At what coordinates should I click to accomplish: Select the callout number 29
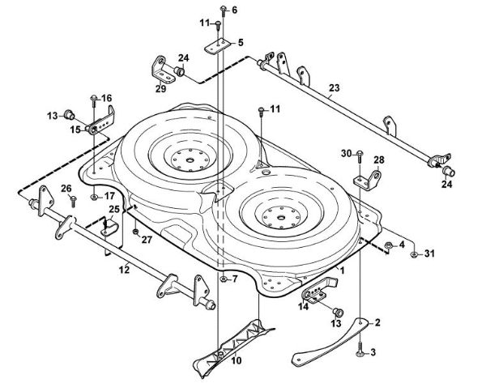tap(160, 87)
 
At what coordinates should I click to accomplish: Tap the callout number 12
tap(124, 269)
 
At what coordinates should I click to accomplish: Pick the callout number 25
tap(114, 210)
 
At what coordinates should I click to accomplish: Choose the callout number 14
tap(303, 306)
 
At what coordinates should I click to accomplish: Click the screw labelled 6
tap(221, 11)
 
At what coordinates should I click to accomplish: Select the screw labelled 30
tap(360, 154)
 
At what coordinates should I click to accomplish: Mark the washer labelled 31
tap(414, 254)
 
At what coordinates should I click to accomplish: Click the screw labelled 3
tap(357, 347)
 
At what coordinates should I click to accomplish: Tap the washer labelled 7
tap(221, 279)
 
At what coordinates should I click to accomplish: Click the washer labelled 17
tap(95, 197)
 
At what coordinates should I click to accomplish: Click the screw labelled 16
tap(94, 100)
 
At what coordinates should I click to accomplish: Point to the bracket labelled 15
tap(100, 126)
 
